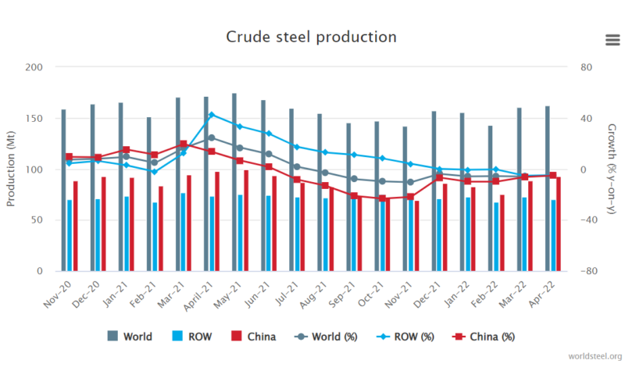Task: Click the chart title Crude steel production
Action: [x=311, y=37]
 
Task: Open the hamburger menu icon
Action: [x=612, y=41]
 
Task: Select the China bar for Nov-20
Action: [x=76, y=226]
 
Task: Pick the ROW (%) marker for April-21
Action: [x=211, y=115]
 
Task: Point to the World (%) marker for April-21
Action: [x=211, y=137]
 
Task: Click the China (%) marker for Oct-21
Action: [x=382, y=198]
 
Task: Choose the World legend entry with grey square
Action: [x=131, y=337]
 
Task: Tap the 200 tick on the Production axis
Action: [x=34, y=67]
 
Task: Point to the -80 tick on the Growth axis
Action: [x=591, y=271]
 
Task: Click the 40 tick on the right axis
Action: [x=587, y=118]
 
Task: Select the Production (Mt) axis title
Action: [x=11, y=169]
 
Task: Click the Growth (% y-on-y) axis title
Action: [x=612, y=169]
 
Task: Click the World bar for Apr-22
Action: [x=547, y=188]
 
